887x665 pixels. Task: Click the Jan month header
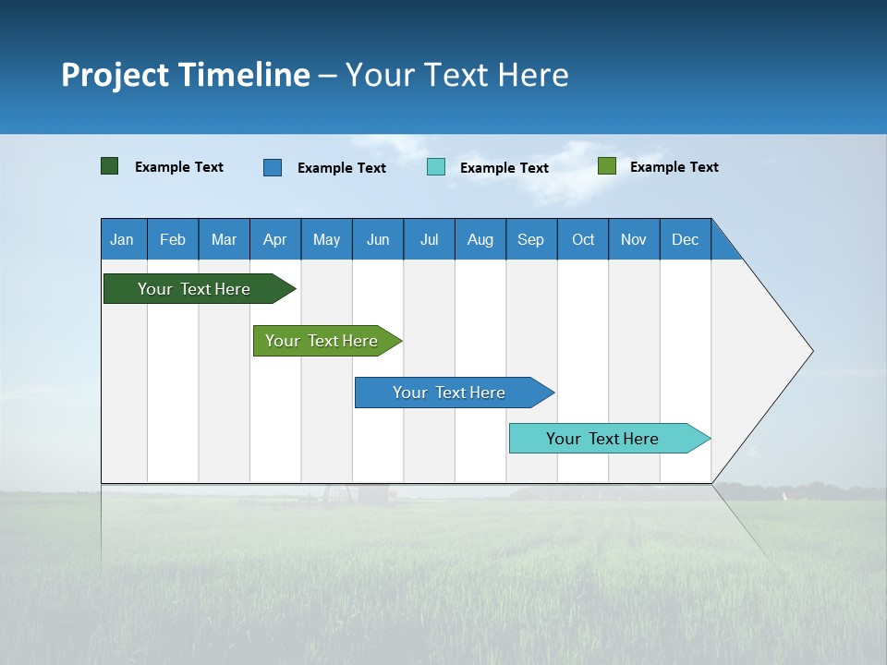click(123, 239)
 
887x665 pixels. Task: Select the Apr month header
click(275, 239)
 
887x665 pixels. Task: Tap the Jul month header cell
click(429, 239)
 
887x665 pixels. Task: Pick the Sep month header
click(531, 239)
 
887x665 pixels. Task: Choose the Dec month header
click(685, 239)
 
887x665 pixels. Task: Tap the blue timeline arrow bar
click(450, 393)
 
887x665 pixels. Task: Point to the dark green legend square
click(110, 166)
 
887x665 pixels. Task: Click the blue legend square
click(273, 167)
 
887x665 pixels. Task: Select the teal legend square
click(436, 167)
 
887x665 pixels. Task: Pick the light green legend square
click(607, 166)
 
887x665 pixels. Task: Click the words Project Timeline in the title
click(186, 75)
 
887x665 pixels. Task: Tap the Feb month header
click(173, 239)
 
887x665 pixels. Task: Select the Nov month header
click(634, 239)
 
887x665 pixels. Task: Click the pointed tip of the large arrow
click(810, 351)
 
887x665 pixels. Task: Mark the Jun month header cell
click(378, 239)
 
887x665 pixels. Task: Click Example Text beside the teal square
click(504, 168)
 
